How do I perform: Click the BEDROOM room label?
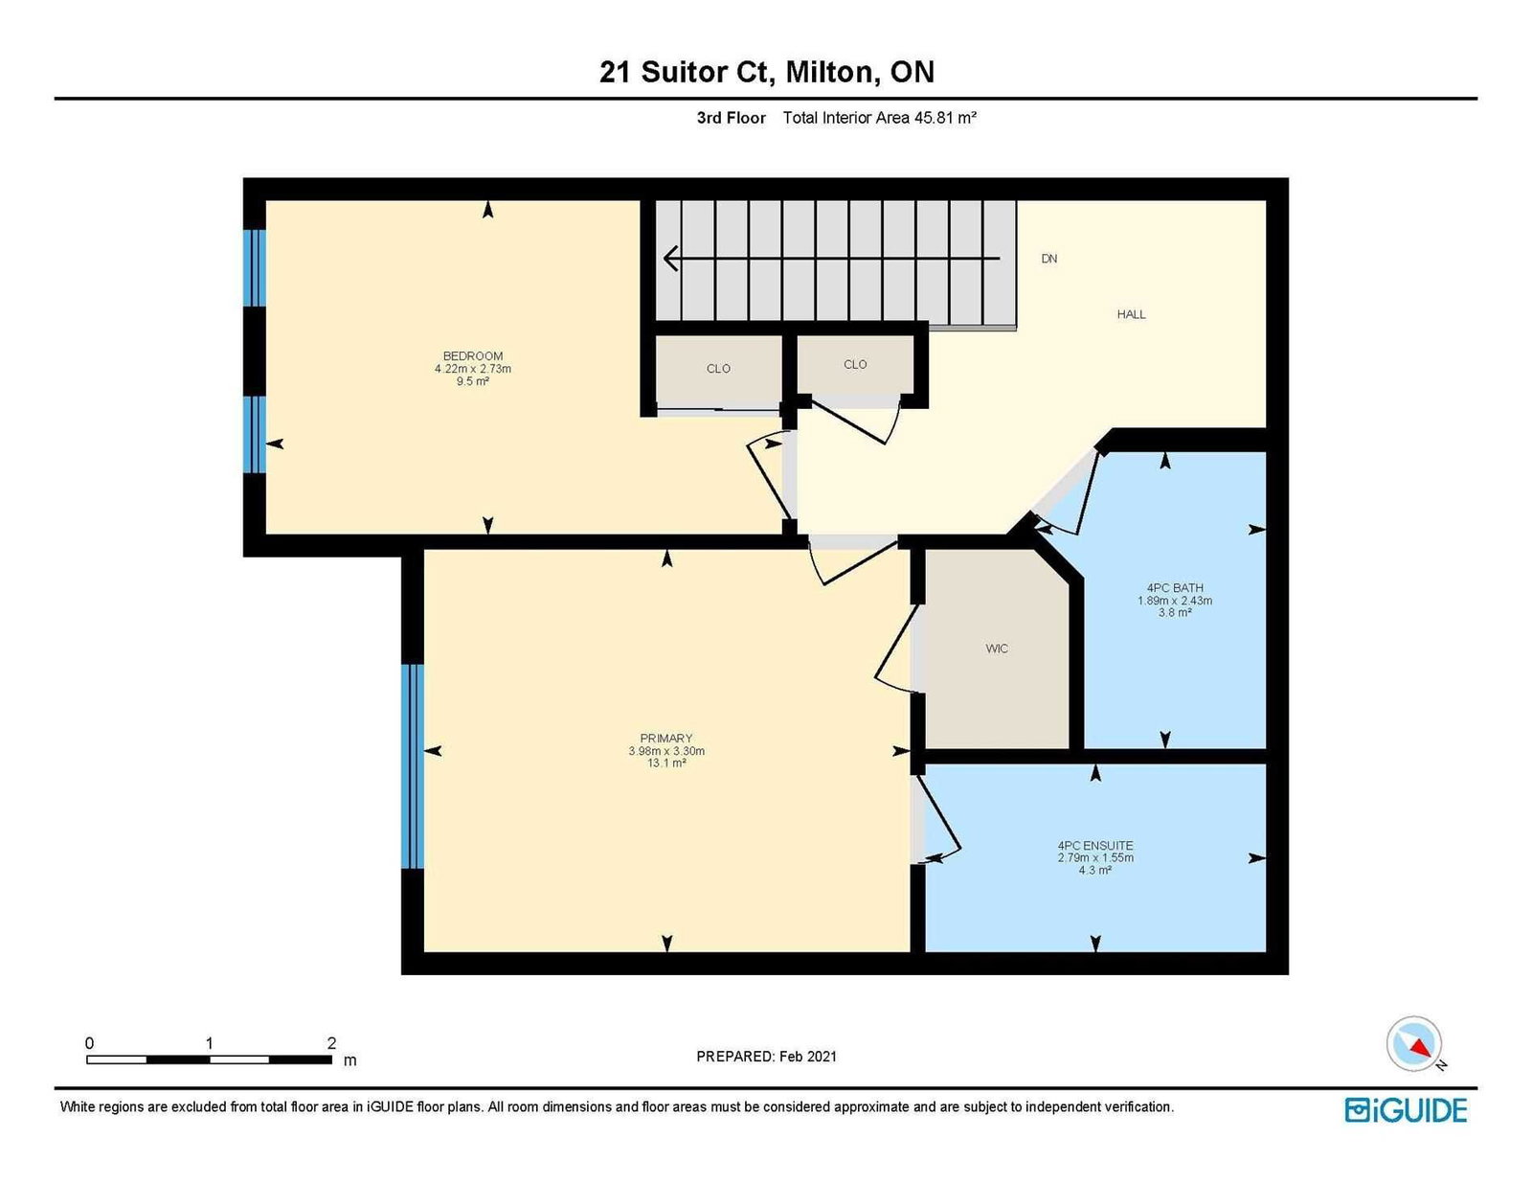pyautogui.click(x=472, y=356)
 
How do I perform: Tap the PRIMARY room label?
pyautogui.click(x=666, y=739)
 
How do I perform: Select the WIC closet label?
pyautogui.click(x=997, y=649)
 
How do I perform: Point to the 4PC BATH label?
pyautogui.click(x=1175, y=587)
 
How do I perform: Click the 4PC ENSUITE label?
pyautogui.click(x=1094, y=846)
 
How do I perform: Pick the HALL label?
pyautogui.click(x=1131, y=314)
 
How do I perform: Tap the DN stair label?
pyautogui.click(x=1049, y=259)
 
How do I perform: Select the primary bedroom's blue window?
pyautogui.click(x=413, y=765)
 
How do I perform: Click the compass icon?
pyautogui.click(x=1413, y=1044)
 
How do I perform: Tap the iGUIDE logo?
pyautogui.click(x=1406, y=1110)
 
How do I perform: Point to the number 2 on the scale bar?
pyautogui.click(x=331, y=1043)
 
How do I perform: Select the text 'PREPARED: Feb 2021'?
pyautogui.click(x=766, y=1057)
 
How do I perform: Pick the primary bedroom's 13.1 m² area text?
pyautogui.click(x=666, y=763)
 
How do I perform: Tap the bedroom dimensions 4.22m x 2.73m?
pyautogui.click(x=472, y=369)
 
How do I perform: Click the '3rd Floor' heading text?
pyautogui.click(x=732, y=118)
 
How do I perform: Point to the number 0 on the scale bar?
pyautogui.click(x=90, y=1043)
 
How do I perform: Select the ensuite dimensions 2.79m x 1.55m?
pyautogui.click(x=1094, y=858)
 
